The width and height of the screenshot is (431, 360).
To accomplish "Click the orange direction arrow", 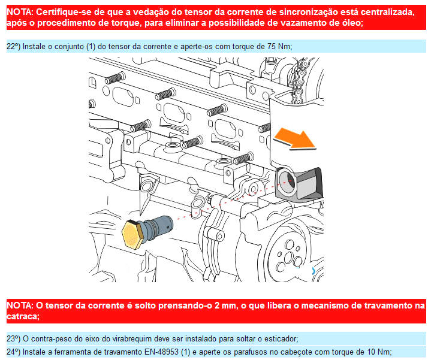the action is click(x=296, y=139).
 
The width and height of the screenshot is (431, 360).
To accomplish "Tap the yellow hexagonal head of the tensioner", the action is click(x=132, y=234).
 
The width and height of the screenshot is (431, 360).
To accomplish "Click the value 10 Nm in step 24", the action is click(x=378, y=352).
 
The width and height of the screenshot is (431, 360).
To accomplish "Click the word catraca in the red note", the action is click(x=22, y=316).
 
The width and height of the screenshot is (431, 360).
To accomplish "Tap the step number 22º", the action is click(x=13, y=46).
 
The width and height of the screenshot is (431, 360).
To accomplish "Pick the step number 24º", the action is click(x=13, y=352).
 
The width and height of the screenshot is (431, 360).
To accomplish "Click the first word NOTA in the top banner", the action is click(x=19, y=12).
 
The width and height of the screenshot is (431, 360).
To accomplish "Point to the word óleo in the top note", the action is click(x=351, y=23).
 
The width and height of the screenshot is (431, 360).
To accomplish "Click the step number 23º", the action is click(x=13, y=339).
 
